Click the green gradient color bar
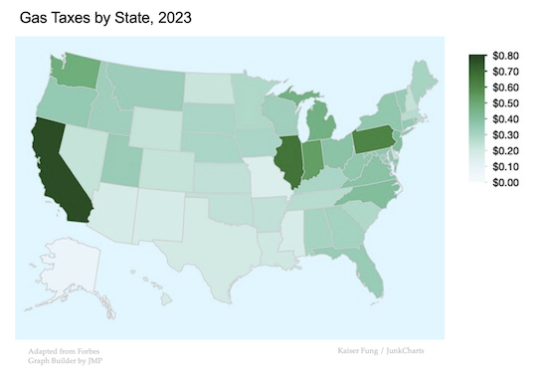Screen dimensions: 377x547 click(477, 119)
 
